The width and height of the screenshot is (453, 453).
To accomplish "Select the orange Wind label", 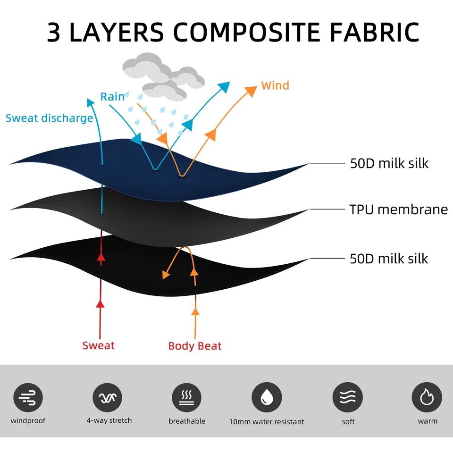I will pos(275,86).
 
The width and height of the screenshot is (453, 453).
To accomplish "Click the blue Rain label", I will pos(112,97).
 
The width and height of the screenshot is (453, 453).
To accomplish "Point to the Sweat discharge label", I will pos(49,117).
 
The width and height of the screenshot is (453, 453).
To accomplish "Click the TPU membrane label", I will pos(398,209).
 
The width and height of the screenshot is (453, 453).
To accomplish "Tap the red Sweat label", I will pos(98,345).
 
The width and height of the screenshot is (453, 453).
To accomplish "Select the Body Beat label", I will pos(195,346).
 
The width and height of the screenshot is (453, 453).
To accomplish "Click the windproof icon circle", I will pos(28,397).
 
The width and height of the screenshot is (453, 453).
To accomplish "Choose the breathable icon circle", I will pos(186,397).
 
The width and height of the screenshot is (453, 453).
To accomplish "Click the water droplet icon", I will pos(266,397).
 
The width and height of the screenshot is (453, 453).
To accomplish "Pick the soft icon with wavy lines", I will pos(348,397).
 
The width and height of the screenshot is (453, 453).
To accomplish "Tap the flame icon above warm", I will pos(427,397).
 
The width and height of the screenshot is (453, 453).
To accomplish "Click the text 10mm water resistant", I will pos(267,422).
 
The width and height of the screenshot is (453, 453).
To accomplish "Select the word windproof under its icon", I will pos(28,420).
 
